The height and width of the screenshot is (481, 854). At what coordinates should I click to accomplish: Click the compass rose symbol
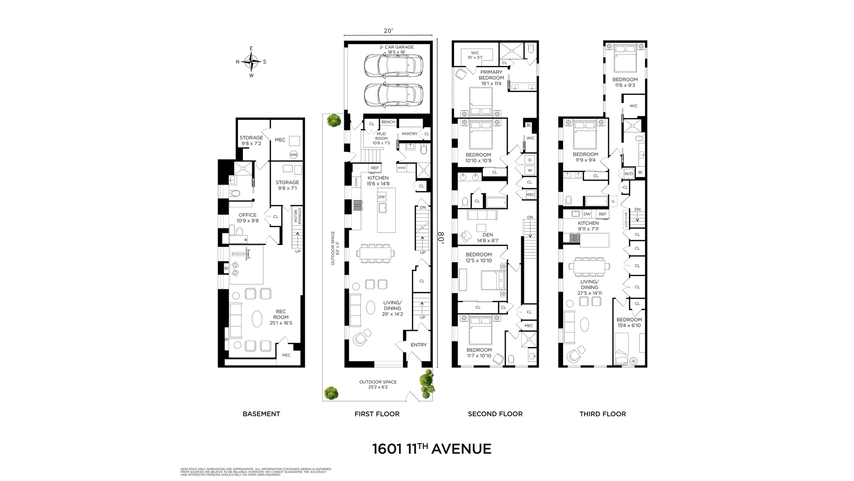251,62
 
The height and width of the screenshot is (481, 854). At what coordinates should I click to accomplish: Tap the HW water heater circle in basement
293,155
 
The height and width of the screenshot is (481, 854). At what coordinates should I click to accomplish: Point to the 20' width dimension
388,31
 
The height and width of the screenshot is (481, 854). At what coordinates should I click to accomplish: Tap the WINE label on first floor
402,168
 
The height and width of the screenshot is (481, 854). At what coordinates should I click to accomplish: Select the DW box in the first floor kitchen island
381,197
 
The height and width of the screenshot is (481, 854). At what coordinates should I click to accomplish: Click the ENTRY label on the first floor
418,345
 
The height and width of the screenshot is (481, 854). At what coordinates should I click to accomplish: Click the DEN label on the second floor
487,235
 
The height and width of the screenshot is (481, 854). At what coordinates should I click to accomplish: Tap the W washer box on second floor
530,170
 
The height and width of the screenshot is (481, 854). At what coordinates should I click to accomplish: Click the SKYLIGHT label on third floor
625,220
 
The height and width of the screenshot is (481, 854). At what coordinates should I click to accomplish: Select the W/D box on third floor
628,173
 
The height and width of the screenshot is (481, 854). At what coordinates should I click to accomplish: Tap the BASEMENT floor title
261,414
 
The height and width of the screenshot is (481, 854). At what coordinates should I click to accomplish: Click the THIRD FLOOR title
602,414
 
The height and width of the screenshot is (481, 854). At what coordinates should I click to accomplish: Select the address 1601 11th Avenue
431,448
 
